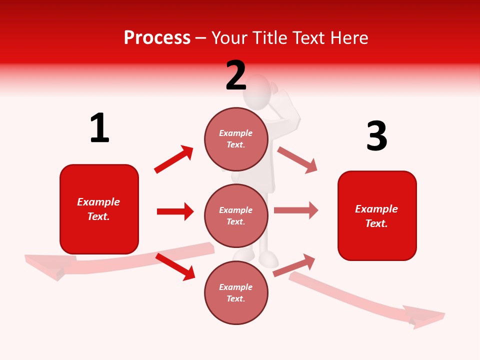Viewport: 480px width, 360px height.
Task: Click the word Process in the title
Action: (x=157, y=38)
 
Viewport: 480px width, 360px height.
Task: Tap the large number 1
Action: (x=99, y=128)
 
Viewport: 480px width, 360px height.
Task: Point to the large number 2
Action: (x=236, y=75)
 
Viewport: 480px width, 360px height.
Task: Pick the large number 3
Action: (x=376, y=136)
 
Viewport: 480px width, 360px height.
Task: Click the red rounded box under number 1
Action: (x=99, y=209)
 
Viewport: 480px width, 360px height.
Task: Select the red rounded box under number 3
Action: (x=377, y=215)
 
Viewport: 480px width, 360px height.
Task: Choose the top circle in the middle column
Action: (x=236, y=138)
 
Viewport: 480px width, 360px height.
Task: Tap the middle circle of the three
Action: (x=236, y=215)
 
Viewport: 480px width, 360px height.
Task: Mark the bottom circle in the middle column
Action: (x=236, y=292)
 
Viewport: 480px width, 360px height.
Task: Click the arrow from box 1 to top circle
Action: (x=173, y=159)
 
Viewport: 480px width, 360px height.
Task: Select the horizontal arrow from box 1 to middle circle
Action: (x=175, y=211)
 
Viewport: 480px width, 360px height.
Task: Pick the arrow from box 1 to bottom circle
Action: (x=175, y=266)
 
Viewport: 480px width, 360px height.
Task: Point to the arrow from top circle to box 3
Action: (x=297, y=159)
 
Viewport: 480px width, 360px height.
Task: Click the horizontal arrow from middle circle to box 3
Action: (x=295, y=210)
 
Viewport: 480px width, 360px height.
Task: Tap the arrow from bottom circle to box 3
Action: (x=294, y=265)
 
